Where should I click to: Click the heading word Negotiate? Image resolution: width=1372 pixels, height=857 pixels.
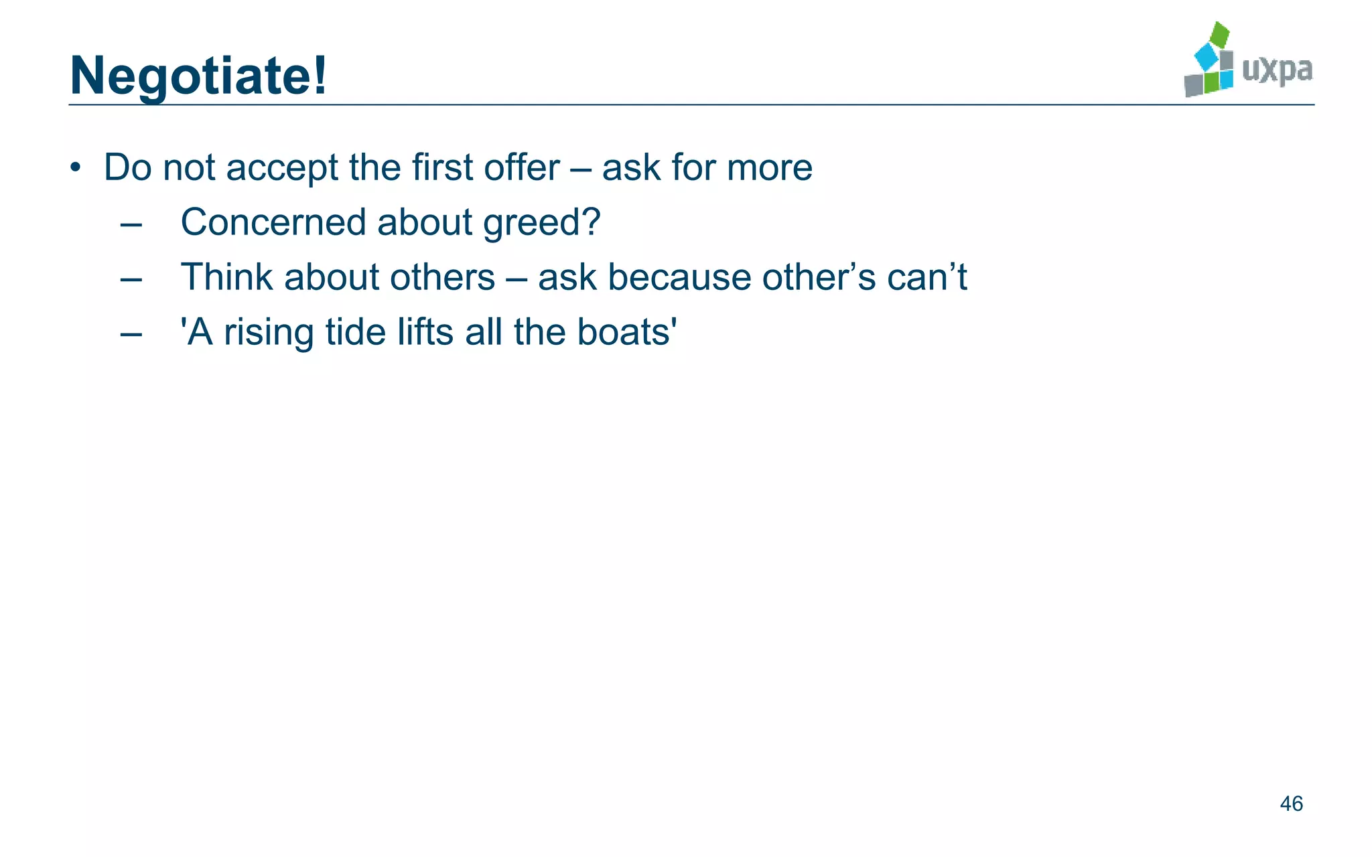[198, 76]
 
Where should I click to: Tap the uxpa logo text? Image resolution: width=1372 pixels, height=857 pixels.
[1277, 70]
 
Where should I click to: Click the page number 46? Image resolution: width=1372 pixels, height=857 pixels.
[1291, 803]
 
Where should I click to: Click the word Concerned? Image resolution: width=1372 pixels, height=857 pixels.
[273, 222]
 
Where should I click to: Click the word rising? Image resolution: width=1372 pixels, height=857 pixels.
[269, 332]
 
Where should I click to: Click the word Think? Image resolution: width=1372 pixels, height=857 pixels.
[226, 277]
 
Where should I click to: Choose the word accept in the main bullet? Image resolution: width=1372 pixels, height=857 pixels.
[282, 168]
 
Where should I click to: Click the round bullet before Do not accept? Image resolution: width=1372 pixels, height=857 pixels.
[76, 167]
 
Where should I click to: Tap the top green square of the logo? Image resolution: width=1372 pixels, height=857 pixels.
[1220, 34]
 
